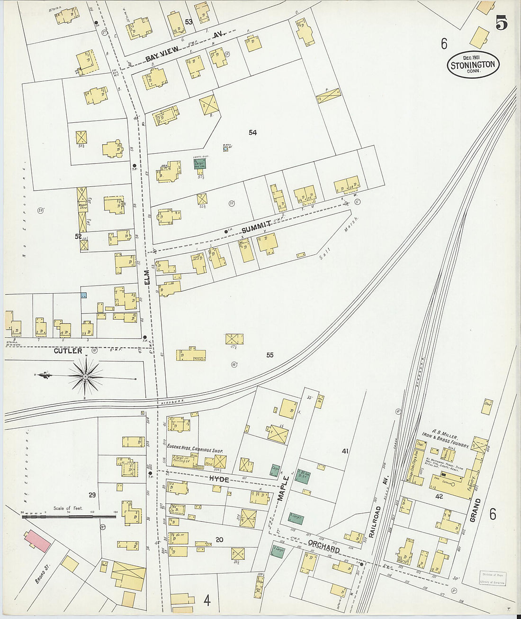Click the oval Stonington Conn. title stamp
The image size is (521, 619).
tap(473, 65)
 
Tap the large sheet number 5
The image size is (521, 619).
tap(501, 23)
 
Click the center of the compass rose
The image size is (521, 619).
tap(85, 377)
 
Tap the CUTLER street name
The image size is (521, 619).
tap(68, 351)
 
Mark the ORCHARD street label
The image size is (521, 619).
tap(324, 545)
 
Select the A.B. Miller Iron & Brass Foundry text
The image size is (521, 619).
tap(445, 440)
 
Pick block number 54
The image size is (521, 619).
tap(252, 133)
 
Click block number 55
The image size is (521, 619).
tap(269, 355)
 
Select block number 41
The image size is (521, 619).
tap(345, 451)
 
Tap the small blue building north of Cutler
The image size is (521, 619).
tap(84, 295)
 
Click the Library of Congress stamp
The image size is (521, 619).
tap(492, 578)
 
